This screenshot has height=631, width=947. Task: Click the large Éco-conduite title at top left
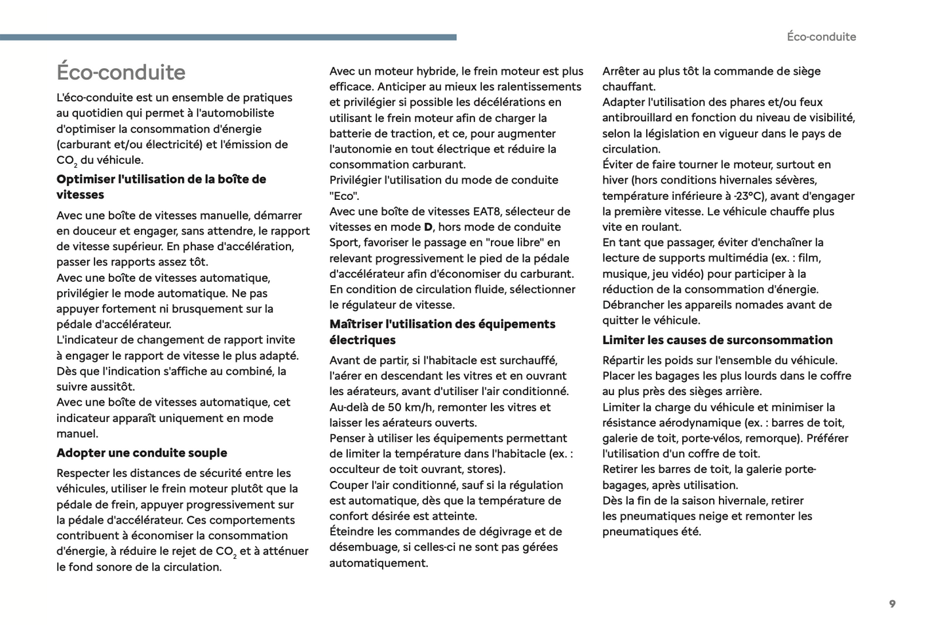coord(121,72)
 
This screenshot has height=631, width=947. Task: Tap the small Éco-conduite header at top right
coord(821,37)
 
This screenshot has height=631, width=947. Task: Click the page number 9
coord(892,604)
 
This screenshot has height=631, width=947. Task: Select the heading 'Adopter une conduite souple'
coord(142,453)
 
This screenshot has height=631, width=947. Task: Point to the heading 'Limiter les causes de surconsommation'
coord(717,340)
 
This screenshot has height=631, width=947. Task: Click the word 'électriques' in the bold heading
coord(362,340)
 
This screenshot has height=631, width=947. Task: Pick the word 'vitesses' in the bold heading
coord(80,195)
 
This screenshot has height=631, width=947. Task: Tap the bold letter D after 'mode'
coord(428,227)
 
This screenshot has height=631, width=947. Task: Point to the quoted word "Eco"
coord(344,196)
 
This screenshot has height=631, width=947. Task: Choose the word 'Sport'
coord(343,242)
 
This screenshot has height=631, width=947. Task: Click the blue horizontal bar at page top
coord(228,37)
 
